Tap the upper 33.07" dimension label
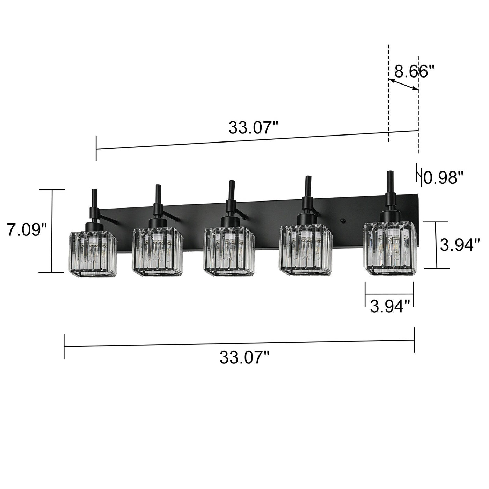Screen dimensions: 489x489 pyautogui.click(x=253, y=128)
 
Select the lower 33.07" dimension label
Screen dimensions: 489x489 pyautogui.click(x=245, y=358)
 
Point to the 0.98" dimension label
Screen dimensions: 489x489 pyautogui.click(x=443, y=178)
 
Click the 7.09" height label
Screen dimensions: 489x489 pyautogui.click(x=27, y=230)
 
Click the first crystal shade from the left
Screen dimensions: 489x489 pyautogui.click(x=93, y=254)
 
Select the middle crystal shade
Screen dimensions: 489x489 pyautogui.click(x=229, y=251)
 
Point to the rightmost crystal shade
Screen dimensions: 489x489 pyautogui.click(x=390, y=248)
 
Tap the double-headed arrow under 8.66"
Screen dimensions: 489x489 pyautogui.click(x=403, y=85)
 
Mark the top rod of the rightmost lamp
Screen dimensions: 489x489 pyautogui.click(x=390, y=182)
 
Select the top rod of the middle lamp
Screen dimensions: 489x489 pyautogui.click(x=232, y=190)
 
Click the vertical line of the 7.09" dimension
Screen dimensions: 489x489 pyautogui.click(x=52, y=231)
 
